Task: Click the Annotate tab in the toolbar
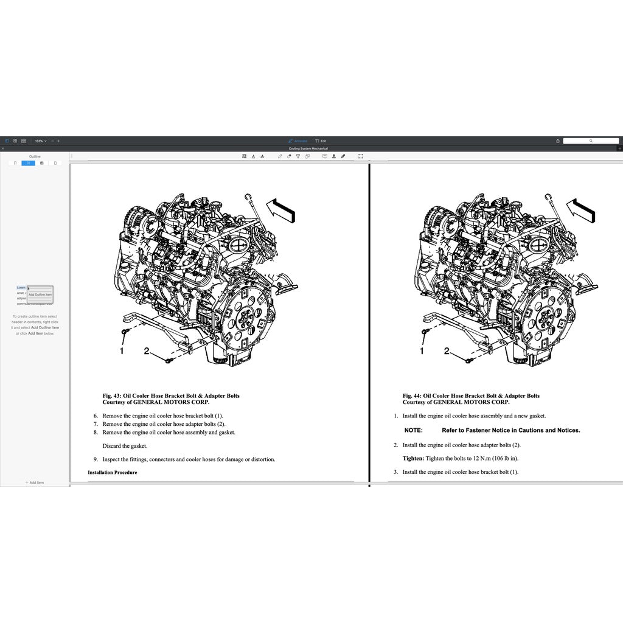[298, 141]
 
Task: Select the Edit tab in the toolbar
[321, 141]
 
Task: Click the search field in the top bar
[590, 141]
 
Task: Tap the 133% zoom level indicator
[40, 141]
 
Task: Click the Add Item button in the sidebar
[35, 482]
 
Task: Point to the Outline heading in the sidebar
[35, 156]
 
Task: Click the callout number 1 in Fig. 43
[122, 351]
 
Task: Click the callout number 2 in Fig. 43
[147, 350]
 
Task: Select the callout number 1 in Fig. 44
[422, 351]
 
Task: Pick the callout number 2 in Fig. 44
[447, 350]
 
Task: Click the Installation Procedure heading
[113, 473]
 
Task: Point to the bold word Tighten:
[413, 458]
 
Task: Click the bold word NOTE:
[414, 430]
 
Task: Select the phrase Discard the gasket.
[125, 446]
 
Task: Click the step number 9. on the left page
[96, 459]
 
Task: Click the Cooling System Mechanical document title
[308, 148]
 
